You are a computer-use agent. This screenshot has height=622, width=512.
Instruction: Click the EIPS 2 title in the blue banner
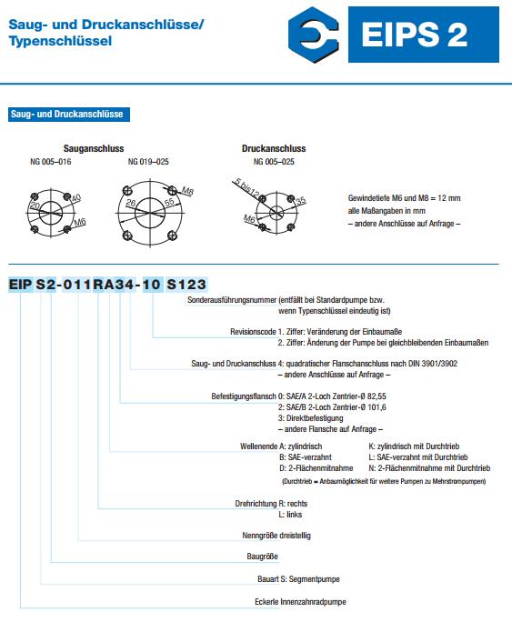415,35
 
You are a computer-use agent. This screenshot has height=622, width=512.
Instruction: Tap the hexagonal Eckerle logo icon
314,35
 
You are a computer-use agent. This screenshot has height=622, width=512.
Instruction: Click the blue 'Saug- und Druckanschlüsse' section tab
68,115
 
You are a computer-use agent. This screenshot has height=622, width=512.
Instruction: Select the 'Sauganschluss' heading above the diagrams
94,148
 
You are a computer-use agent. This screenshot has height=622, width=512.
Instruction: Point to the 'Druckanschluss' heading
274,148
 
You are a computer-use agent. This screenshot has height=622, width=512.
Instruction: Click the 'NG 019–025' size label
148,162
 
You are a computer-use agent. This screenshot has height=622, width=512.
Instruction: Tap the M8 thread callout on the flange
187,191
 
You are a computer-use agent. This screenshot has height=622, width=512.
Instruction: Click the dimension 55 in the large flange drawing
169,202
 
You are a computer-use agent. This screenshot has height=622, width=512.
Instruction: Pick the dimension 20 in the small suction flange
35,206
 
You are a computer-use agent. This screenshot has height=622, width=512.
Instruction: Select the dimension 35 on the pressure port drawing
301,200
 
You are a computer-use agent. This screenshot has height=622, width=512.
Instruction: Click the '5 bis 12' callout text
247,187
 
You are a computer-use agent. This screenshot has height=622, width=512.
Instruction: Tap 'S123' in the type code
186,284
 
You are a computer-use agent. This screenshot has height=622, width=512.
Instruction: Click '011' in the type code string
77,284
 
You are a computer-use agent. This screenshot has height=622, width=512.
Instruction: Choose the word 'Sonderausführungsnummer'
232,300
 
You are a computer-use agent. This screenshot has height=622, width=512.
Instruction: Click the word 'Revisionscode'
253,332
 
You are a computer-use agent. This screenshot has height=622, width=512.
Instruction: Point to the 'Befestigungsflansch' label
244,396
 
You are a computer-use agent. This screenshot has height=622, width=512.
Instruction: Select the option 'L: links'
290,515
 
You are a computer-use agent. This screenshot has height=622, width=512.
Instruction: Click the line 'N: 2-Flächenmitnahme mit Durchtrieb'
429,468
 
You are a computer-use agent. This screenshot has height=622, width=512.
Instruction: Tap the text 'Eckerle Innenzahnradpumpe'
300,602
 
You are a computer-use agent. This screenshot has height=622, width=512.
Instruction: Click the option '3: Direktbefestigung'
311,418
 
